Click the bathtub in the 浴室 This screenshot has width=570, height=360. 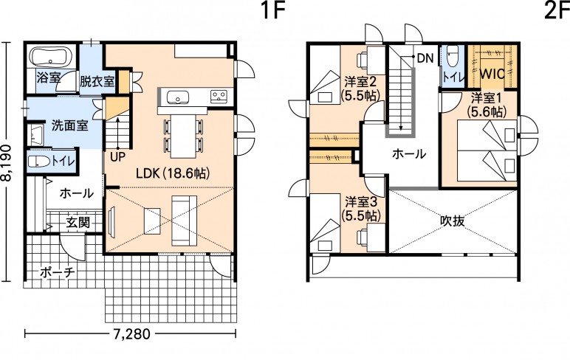coord(51,56)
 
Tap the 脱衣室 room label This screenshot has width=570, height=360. coord(97,81)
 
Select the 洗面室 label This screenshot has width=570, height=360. coord(70,125)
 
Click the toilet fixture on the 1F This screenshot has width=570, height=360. coord(39,162)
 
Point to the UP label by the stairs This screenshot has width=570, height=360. coord(117,157)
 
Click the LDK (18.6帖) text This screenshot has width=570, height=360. coord(173,173)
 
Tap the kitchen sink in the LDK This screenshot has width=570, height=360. coord(178,97)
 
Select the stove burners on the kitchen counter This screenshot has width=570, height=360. coord(219,96)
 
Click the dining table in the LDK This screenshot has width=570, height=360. coord(184,136)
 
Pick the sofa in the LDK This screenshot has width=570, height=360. coord(185,221)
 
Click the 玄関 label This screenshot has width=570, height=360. coord(78,222)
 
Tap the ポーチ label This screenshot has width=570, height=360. coord(58,272)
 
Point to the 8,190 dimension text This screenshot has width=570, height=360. coord(7,163)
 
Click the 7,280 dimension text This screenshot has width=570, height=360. coord(131,333)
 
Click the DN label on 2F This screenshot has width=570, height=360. coord(425,58)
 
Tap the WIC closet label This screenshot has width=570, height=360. coord(492,74)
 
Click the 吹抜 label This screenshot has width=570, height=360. coord(453,221)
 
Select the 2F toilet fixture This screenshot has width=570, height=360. coord(452,56)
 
